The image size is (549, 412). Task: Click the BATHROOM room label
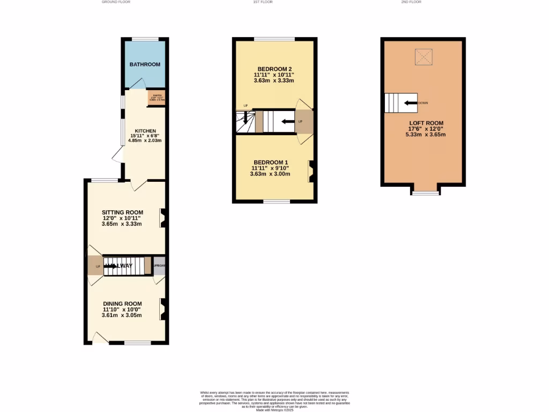pos(145,64)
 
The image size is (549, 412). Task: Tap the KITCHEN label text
pos(145,131)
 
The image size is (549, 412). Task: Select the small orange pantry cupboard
pos(157,97)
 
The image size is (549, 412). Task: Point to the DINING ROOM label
pos(122,304)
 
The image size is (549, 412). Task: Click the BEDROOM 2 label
pos(274,69)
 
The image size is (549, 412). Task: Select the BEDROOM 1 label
pos(271,162)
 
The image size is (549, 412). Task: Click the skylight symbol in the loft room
pos(424,55)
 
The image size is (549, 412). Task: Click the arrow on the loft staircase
pos(411,102)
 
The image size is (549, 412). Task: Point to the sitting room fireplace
pos(162,218)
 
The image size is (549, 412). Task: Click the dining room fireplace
pos(162,308)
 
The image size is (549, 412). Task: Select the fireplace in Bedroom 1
pos(310,171)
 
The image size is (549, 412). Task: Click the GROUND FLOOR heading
pos(116,2)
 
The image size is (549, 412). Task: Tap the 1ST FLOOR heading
pos(263,2)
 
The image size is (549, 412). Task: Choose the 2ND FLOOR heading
pos(411,2)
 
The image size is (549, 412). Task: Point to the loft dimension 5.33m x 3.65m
pos(425,134)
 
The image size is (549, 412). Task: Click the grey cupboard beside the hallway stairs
pos(159,266)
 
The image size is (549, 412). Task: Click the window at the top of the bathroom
pos(145,39)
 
